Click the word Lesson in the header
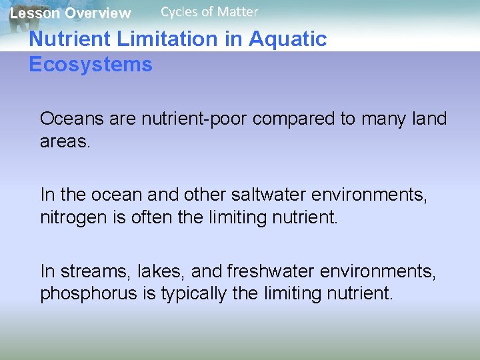35,13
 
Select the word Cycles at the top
179,11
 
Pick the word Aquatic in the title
287,39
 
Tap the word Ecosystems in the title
91,65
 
